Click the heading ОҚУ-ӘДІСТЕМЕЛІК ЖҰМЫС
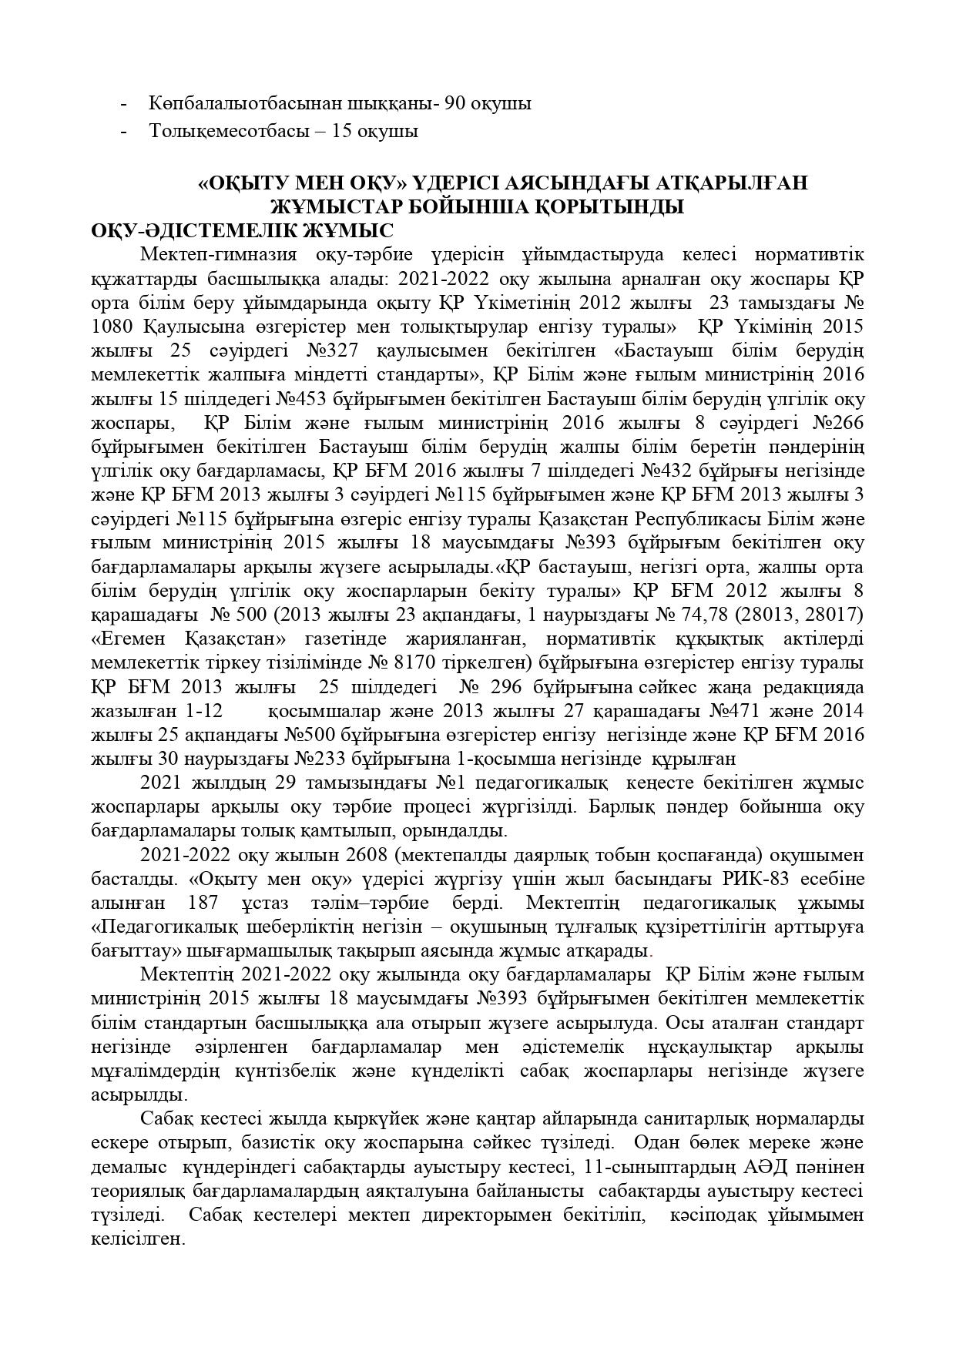click(x=242, y=230)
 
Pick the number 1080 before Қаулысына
click(x=112, y=327)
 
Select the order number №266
click(x=838, y=423)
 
